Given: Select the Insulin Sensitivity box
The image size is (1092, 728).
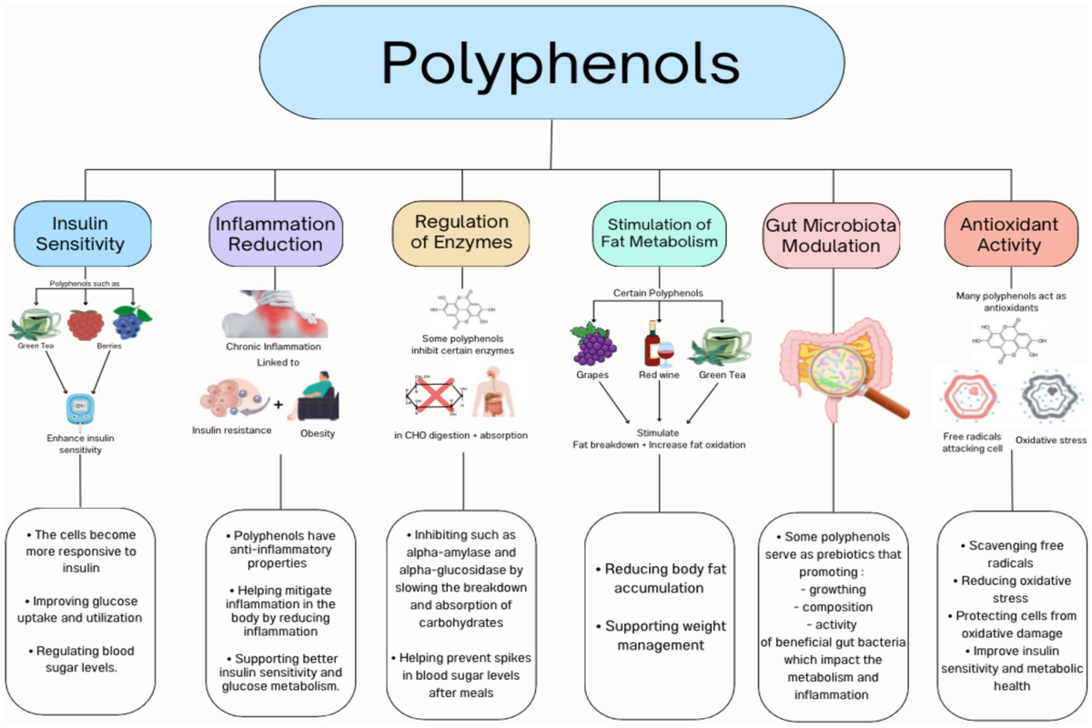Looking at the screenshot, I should [82, 233].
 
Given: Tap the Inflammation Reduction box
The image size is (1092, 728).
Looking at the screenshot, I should [276, 233].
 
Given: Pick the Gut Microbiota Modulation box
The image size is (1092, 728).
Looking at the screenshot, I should [831, 235].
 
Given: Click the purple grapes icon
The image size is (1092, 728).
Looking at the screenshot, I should [592, 341].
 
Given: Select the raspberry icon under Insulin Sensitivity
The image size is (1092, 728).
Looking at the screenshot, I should [85, 324].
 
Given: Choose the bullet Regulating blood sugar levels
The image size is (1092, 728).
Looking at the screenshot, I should [82, 659].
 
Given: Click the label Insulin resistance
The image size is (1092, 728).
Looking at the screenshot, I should [231, 430].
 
